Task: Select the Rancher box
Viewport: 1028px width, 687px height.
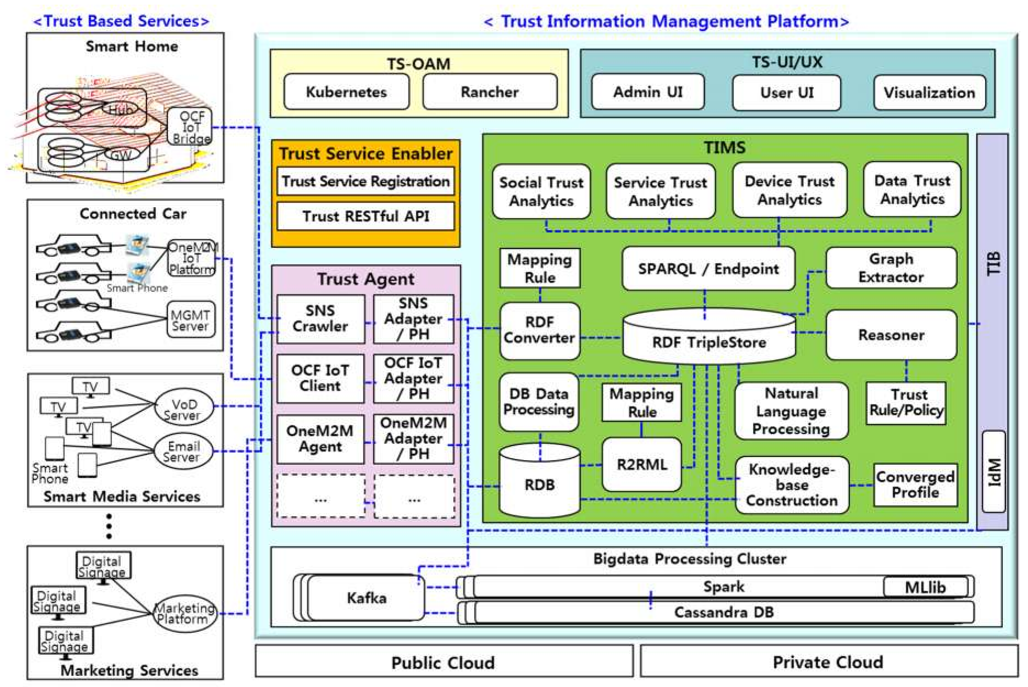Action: click(x=490, y=92)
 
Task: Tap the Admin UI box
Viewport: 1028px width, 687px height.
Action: click(x=647, y=92)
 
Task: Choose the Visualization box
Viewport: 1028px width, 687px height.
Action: click(x=929, y=92)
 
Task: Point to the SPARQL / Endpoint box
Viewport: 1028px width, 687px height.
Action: click(x=708, y=268)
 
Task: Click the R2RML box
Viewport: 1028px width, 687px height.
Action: click(x=641, y=464)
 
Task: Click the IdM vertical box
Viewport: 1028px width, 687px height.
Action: click(x=993, y=472)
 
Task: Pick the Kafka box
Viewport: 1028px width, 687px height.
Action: click(x=366, y=598)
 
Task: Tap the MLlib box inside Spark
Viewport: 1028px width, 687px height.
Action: click(x=925, y=587)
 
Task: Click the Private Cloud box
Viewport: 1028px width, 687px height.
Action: click(x=828, y=662)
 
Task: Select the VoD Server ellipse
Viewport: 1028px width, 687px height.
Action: click(x=184, y=409)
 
